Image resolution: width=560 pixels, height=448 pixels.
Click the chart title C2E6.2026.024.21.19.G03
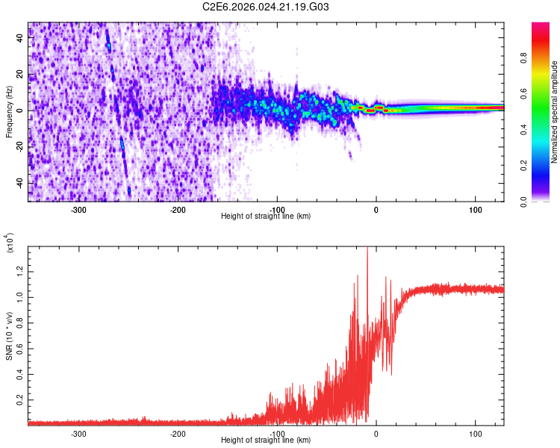tap(266, 7)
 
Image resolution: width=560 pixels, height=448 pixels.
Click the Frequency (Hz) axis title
tap(9, 112)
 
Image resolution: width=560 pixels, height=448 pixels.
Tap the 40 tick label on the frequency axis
tap(21, 39)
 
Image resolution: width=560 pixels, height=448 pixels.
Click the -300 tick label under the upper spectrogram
tap(78, 209)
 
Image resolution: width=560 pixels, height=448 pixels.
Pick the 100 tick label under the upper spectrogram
tap(475, 209)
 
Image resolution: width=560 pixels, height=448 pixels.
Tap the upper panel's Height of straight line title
tap(266, 217)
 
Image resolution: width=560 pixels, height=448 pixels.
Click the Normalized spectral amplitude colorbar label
tap(554, 112)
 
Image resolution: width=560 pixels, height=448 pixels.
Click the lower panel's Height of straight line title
tap(266, 441)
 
